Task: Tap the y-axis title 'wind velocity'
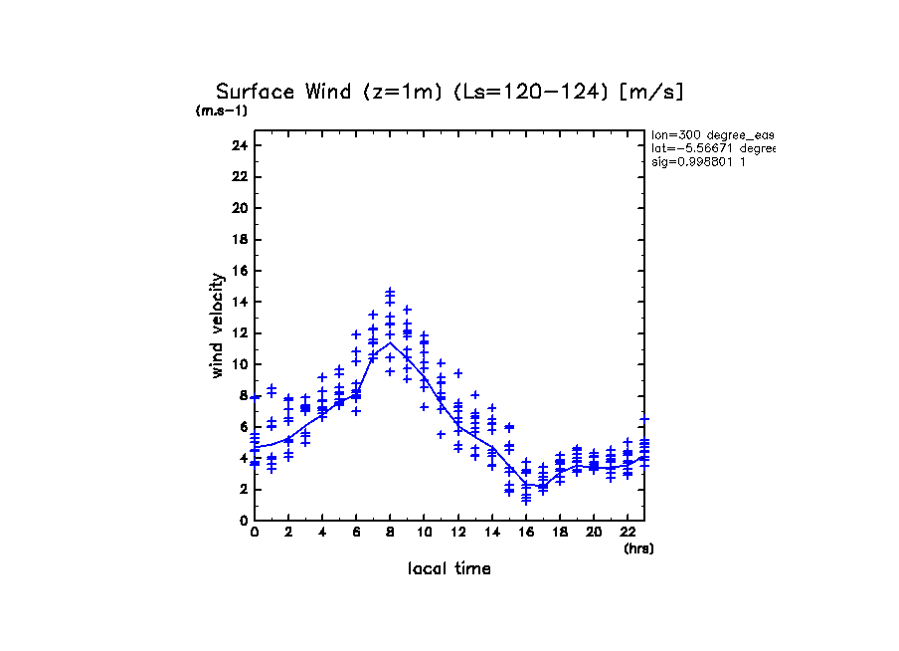pos(218,325)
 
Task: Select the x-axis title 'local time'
pos(449,569)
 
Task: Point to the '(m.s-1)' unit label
pos(222,111)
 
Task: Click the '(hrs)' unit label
pos(638,548)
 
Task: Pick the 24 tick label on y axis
pos(239,145)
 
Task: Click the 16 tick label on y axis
pos(239,271)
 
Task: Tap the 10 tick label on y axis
pos(239,364)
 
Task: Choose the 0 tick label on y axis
pos(243,521)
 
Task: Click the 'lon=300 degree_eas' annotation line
pos(712,134)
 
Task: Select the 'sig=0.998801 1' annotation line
pos(697,162)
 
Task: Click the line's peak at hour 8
pos(390,343)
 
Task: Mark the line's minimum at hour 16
pos(526,486)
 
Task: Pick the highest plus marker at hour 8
pos(390,291)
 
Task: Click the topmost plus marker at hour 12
pos(458,373)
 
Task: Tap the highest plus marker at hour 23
pos(644,419)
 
